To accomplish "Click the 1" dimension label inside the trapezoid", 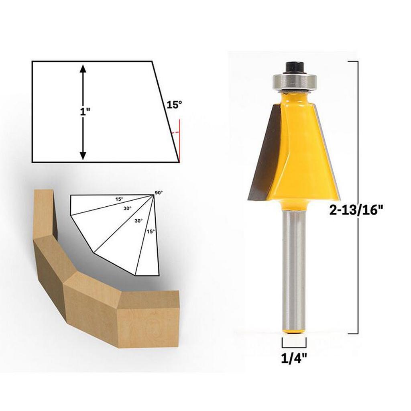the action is coord(85,112).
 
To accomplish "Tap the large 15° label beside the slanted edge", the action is coord(175,105).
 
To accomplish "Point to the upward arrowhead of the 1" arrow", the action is coord(83,69).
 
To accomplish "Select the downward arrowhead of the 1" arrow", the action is coord(83,155).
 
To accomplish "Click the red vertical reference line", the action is coord(180,141).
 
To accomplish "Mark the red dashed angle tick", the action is coord(175,132).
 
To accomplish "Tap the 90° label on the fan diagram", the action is coord(159,193).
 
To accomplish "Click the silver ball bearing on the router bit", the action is coord(295,81).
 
